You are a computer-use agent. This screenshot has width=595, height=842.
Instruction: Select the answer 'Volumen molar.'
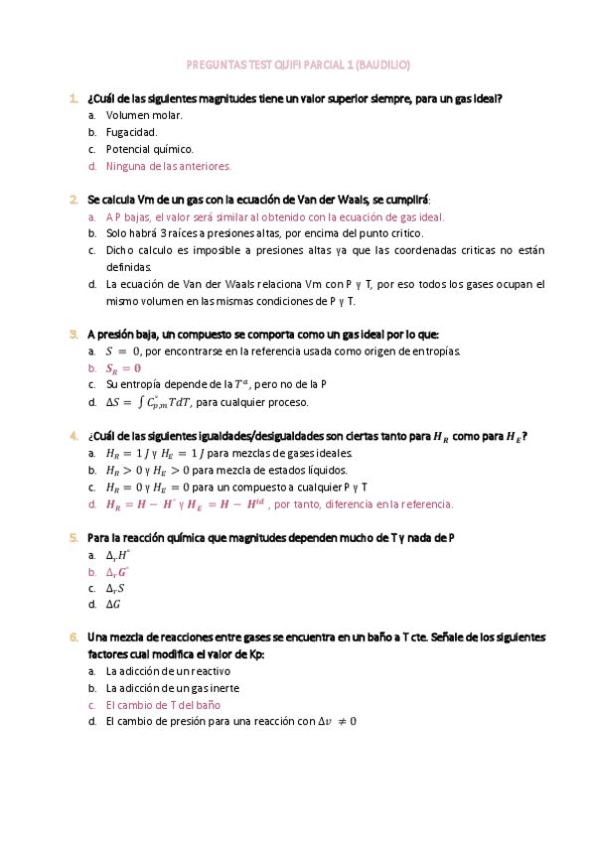click(x=144, y=115)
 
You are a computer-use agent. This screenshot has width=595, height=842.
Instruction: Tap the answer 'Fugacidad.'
click(x=131, y=132)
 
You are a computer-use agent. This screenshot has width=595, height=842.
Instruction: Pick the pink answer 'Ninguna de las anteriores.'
click(x=169, y=166)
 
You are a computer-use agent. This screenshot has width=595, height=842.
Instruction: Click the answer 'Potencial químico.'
click(x=150, y=149)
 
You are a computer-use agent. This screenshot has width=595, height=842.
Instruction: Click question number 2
click(x=74, y=199)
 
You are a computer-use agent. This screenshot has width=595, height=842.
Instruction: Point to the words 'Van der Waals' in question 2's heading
click(x=316, y=199)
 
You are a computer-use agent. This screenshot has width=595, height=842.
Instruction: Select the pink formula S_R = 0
click(x=123, y=367)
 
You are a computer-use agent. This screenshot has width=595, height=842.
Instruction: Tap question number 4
click(x=74, y=435)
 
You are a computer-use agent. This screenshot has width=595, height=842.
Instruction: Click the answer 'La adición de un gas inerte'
click(x=173, y=687)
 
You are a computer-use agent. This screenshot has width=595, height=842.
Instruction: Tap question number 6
click(x=74, y=636)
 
